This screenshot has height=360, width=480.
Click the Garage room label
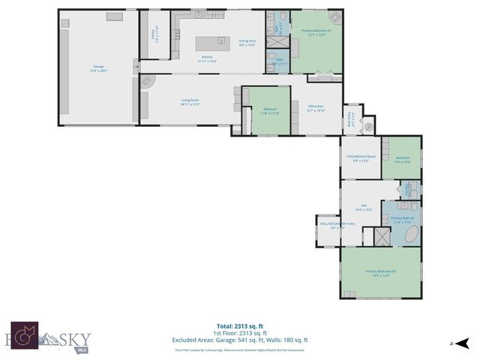[x=98, y=68]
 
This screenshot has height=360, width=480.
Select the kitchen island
[x=211, y=43]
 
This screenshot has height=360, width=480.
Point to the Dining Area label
[x=247, y=43]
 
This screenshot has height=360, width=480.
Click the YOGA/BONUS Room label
[x=361, y=159]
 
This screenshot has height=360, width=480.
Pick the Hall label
[x=363, y=208]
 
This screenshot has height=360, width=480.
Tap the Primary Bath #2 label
[x=402, y=219]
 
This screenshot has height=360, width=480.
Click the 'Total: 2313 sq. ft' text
[x=239, y=326]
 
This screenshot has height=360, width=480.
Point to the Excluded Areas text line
[x=239, y=340]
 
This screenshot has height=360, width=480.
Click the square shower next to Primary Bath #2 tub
[x=382, y=236]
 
